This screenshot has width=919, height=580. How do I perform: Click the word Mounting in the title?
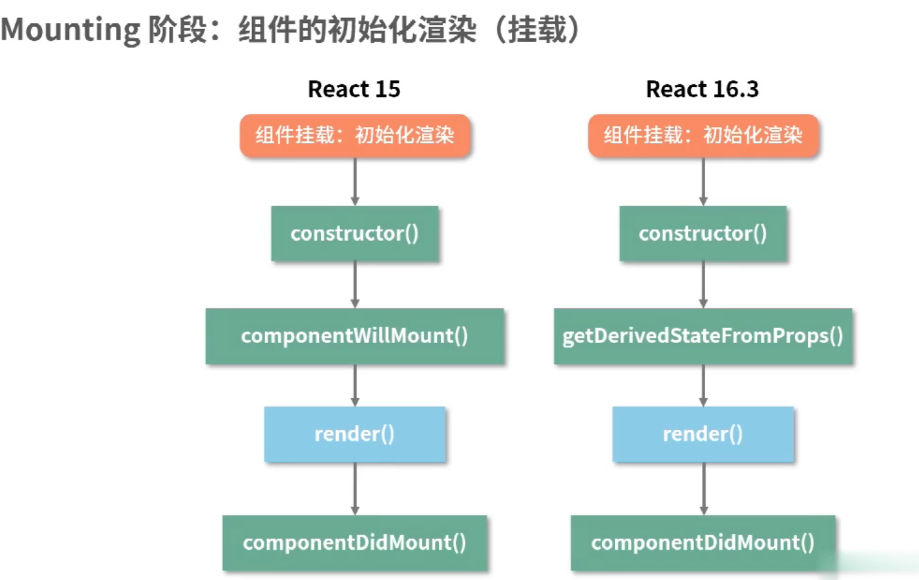coord(70,30)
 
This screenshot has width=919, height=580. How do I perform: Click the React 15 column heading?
coord(354,89)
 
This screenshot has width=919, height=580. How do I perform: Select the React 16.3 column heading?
coord(702,89)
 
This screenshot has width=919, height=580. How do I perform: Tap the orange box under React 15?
coord(355,136)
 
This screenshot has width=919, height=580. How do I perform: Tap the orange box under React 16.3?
coord(703,136)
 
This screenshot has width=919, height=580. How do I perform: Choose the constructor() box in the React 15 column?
coord(355,234)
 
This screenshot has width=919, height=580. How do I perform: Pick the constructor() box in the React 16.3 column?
coord(703,234)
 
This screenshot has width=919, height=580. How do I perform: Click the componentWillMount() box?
coord(355,336)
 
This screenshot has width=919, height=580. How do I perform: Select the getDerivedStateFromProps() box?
coord(703,336)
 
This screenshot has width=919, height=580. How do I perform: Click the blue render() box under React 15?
coord(355,434)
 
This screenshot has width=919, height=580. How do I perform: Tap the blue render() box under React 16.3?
coord(703,434)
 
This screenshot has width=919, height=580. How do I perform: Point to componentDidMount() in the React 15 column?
coord(355,542)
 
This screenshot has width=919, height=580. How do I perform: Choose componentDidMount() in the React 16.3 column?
coord(703,542)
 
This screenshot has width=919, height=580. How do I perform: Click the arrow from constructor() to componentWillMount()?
coord(355,284)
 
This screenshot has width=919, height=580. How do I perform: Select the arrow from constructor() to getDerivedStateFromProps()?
coord(703,284)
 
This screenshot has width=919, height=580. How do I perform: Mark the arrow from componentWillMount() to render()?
coord(355,385)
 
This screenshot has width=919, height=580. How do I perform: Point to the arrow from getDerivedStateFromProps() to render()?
coord(703,385)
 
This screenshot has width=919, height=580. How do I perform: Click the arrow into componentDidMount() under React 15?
coord(355,488)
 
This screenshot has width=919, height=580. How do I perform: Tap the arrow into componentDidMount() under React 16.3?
coord(703,488)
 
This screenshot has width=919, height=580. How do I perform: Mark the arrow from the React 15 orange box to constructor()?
coord(355,182)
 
